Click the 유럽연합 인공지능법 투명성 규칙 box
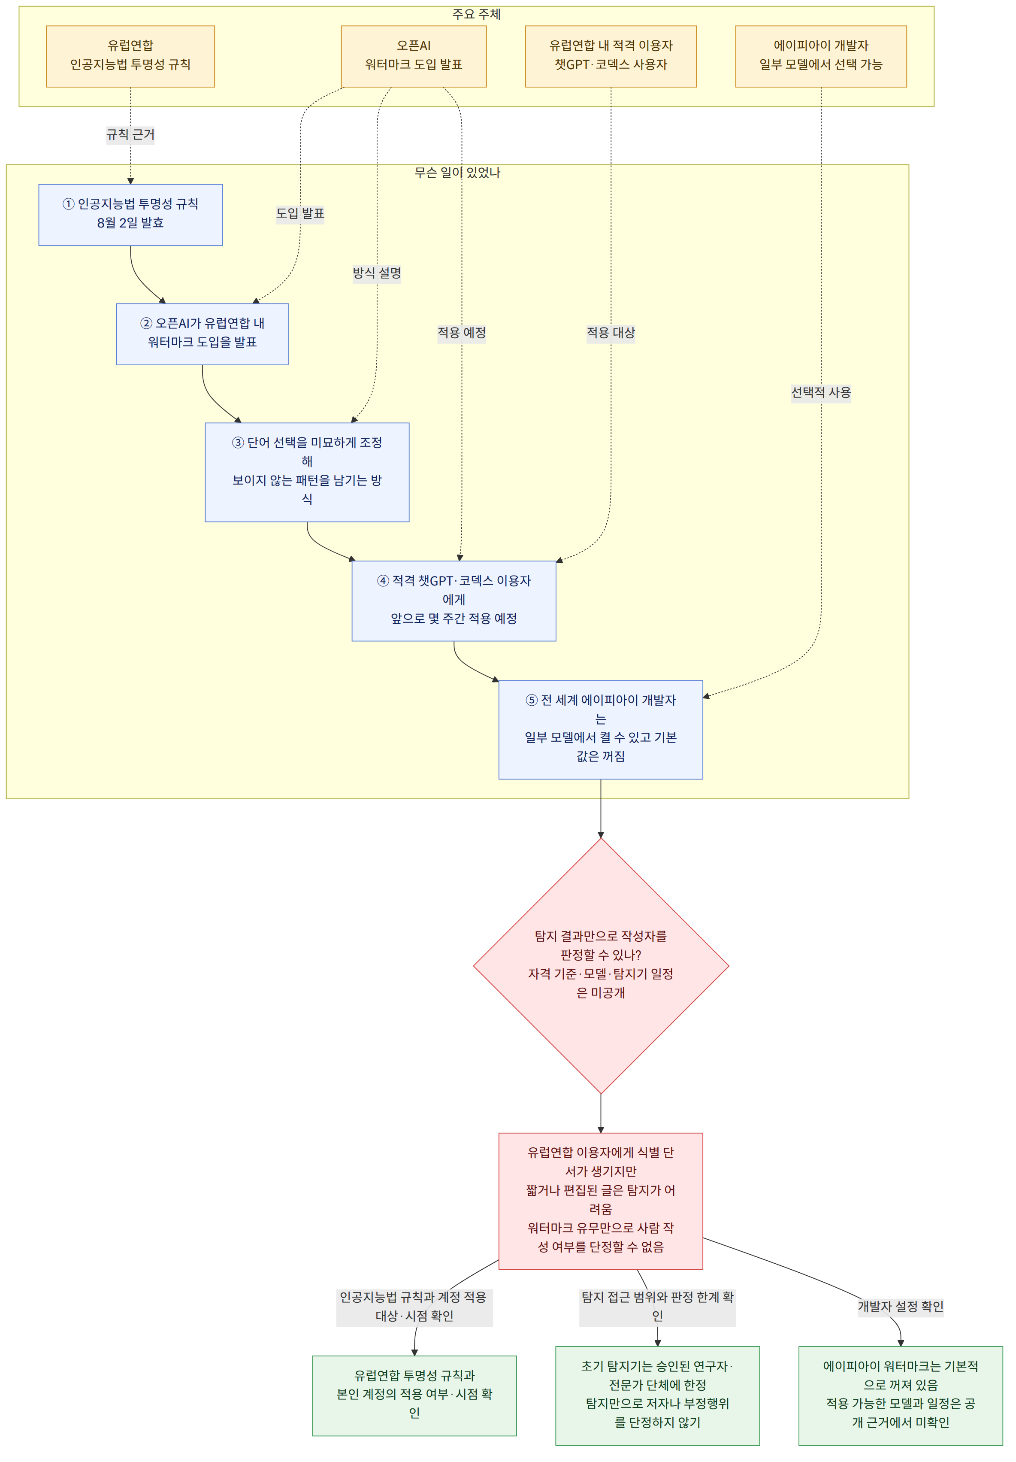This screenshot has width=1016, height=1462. [130, 56]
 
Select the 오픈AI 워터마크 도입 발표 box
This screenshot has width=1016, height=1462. [414, 56]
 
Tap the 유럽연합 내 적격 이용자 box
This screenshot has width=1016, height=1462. [611, 56]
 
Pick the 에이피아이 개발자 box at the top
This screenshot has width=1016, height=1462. [821, 56]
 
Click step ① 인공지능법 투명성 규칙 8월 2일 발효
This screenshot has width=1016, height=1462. [130, 215]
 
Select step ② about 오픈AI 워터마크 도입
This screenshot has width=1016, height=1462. [203, 334]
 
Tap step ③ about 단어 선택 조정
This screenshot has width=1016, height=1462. [307, 472]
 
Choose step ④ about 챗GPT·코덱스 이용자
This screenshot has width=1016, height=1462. [454, 601]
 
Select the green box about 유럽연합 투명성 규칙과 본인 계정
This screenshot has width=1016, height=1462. [414, 1395]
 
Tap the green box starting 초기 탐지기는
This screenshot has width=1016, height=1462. [658, 1395]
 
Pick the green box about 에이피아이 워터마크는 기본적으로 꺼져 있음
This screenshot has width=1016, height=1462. [900, 1395]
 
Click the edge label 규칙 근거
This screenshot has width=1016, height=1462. [130, 134]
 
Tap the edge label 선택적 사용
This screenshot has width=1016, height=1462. [821, 392]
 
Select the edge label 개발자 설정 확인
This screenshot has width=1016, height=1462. [900, 1307]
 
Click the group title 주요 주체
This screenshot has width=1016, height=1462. [476, 14]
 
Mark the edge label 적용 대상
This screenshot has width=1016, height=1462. [611, 332]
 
